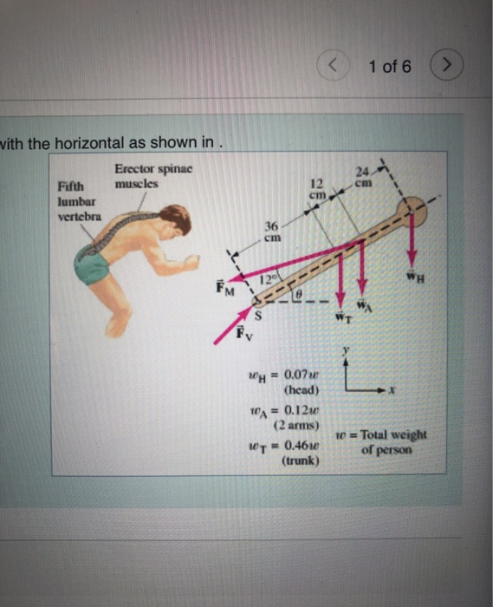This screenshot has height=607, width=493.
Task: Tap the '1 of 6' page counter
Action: click(x=389, y=66)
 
